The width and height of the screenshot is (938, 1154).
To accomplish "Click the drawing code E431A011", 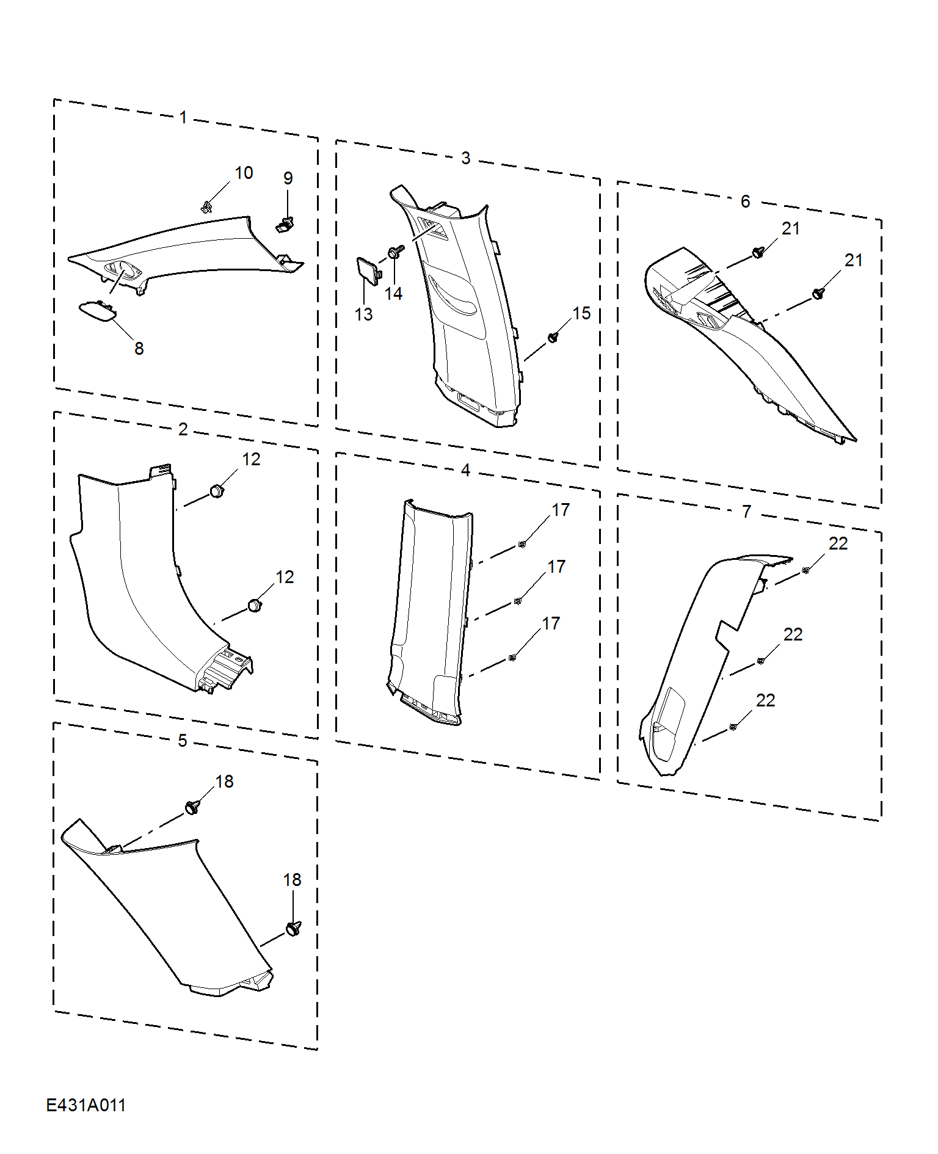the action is coord(86,1105).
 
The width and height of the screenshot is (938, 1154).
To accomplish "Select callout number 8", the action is coord(139,349).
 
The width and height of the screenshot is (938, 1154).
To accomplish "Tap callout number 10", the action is coord(244,173).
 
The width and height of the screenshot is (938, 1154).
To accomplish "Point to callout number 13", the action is coord(363,314).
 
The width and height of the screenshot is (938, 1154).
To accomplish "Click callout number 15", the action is coord(581,313).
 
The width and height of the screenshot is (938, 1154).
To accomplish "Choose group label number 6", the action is coord(746,201).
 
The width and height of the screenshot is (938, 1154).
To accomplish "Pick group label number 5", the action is coord(183,741).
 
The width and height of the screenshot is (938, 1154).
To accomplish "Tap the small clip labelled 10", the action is coord(206,207).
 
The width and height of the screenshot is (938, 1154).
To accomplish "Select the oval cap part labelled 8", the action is coord(98,311).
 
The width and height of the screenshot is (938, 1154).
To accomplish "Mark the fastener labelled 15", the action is coord(553,337).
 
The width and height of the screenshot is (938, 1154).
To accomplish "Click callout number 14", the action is coord(393,294).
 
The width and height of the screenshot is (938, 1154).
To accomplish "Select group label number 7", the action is coord(747,512).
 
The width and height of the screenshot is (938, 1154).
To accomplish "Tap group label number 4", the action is coord(465,470).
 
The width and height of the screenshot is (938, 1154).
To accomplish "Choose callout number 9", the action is coord(288,178).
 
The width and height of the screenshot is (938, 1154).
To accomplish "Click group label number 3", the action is coord(466,159).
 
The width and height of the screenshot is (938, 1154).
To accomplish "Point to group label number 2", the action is coord(183,429).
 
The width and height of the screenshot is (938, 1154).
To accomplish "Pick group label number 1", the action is coord(183,117).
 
